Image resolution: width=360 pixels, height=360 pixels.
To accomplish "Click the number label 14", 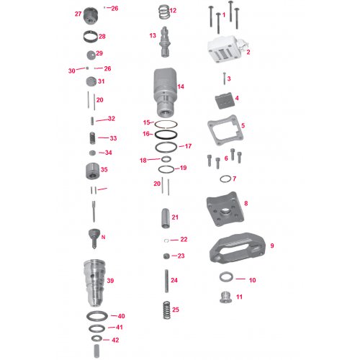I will pos(181,86).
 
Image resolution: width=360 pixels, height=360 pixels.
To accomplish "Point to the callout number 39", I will pos(111,280).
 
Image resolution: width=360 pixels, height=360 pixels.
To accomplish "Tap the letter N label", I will pos(104,237).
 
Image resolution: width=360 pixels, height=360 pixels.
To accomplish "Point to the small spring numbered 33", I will pos(91,138).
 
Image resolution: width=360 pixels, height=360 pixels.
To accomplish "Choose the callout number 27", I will pos(78,14).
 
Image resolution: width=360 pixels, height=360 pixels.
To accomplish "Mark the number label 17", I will pos(189,146).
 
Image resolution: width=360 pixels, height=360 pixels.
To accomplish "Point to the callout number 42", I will pos(115,340).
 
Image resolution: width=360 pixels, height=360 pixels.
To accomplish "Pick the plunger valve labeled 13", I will pos(164,40).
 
